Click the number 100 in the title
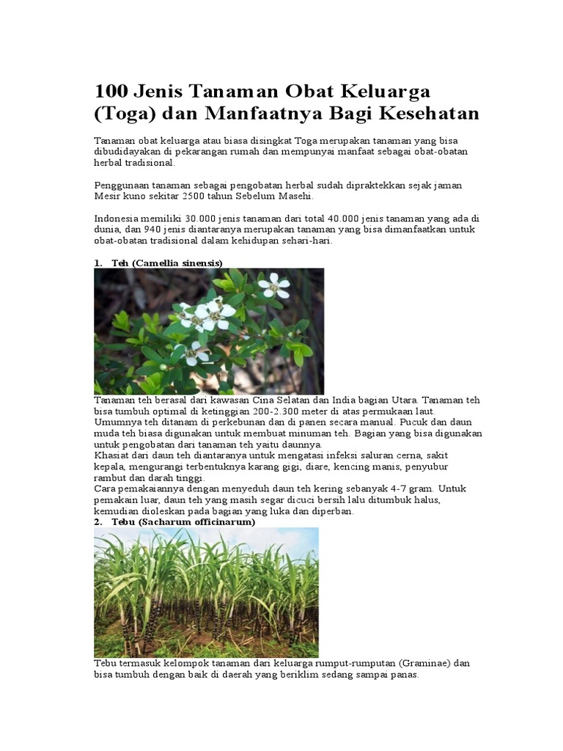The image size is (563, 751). [111, 92]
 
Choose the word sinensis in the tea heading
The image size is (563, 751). [197, 262]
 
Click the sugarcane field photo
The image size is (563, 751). [206, 592]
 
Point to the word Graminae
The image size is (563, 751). [424, 663]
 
